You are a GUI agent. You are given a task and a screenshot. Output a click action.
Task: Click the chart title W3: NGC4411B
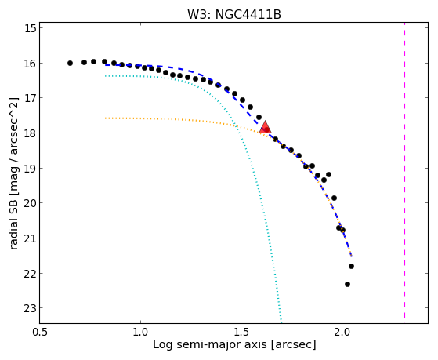233,14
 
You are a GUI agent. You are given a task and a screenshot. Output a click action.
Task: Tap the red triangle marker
265,128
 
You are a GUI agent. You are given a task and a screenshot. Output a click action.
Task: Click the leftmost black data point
70,64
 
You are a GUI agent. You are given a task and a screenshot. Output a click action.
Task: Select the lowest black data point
347,284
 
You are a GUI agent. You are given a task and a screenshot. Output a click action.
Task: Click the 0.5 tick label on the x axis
40,332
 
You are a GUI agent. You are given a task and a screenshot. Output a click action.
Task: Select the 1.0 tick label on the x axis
140,332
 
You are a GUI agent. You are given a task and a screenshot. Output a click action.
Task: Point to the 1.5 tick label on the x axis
241,332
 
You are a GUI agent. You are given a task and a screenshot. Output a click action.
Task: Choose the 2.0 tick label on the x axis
342,332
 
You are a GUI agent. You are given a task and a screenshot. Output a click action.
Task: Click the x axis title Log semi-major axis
210,344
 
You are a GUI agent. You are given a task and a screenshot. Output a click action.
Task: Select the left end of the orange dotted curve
105,118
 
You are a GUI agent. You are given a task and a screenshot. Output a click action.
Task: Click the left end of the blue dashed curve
105,65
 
